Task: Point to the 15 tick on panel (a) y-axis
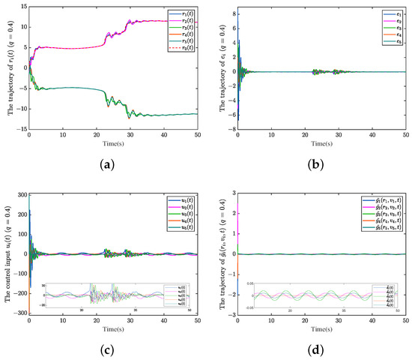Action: click(x=21, y=7)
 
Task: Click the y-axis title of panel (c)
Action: click(x=7, y=253)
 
